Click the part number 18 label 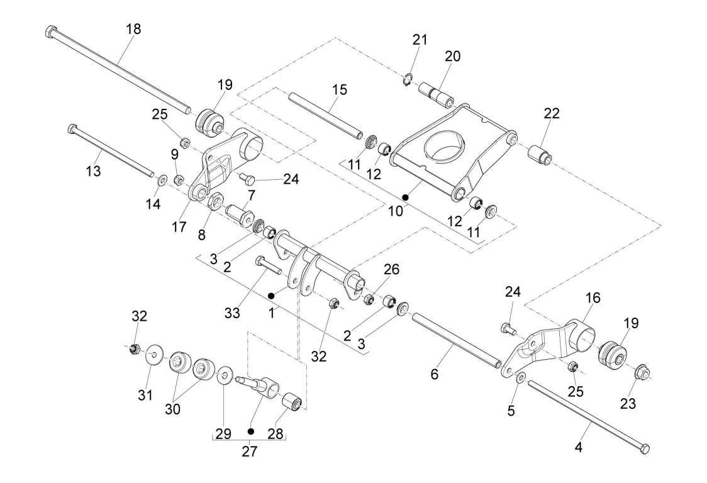click(x=133, y=29)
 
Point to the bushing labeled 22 click(x=540, y=153)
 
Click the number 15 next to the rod click(x=340, y=90)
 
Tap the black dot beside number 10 click(x=406, y=197)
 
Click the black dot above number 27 click(x=250, y=431)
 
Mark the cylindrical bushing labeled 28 click(x=292, y=401)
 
